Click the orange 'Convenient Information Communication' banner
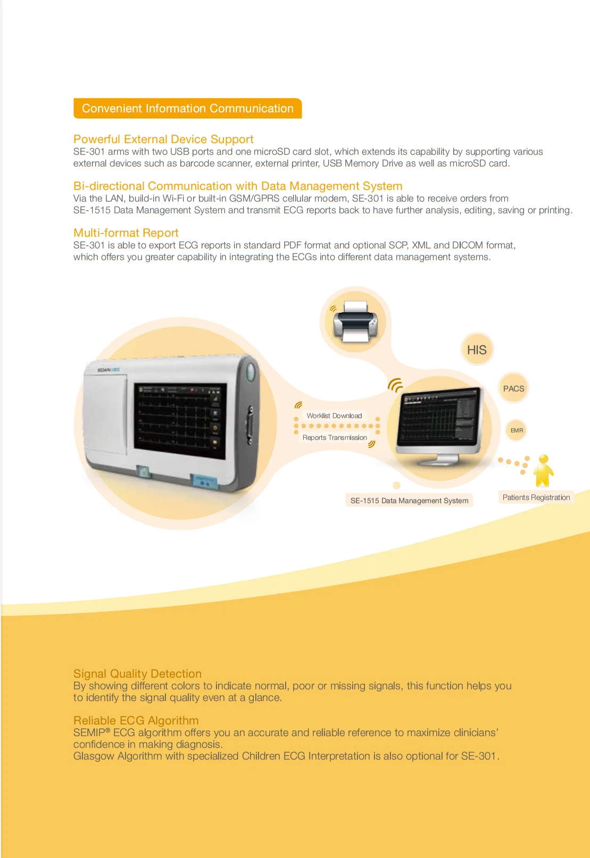point(187,109)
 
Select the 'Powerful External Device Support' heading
point(163,139)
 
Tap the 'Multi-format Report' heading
point(126,233)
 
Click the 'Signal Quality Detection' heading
point(137,674)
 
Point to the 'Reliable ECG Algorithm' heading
point(136,721)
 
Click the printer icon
point(355,321)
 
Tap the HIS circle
point(477,350)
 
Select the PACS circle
point(513,389)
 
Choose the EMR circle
point(517,430)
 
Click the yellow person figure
point(543,471)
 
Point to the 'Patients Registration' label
point(536,497)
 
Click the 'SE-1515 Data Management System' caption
point(409,501)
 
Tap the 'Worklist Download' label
point(334,416)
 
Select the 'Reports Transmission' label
point(335,438)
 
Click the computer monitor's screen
point(439,417)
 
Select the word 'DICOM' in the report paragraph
point(467,245)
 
